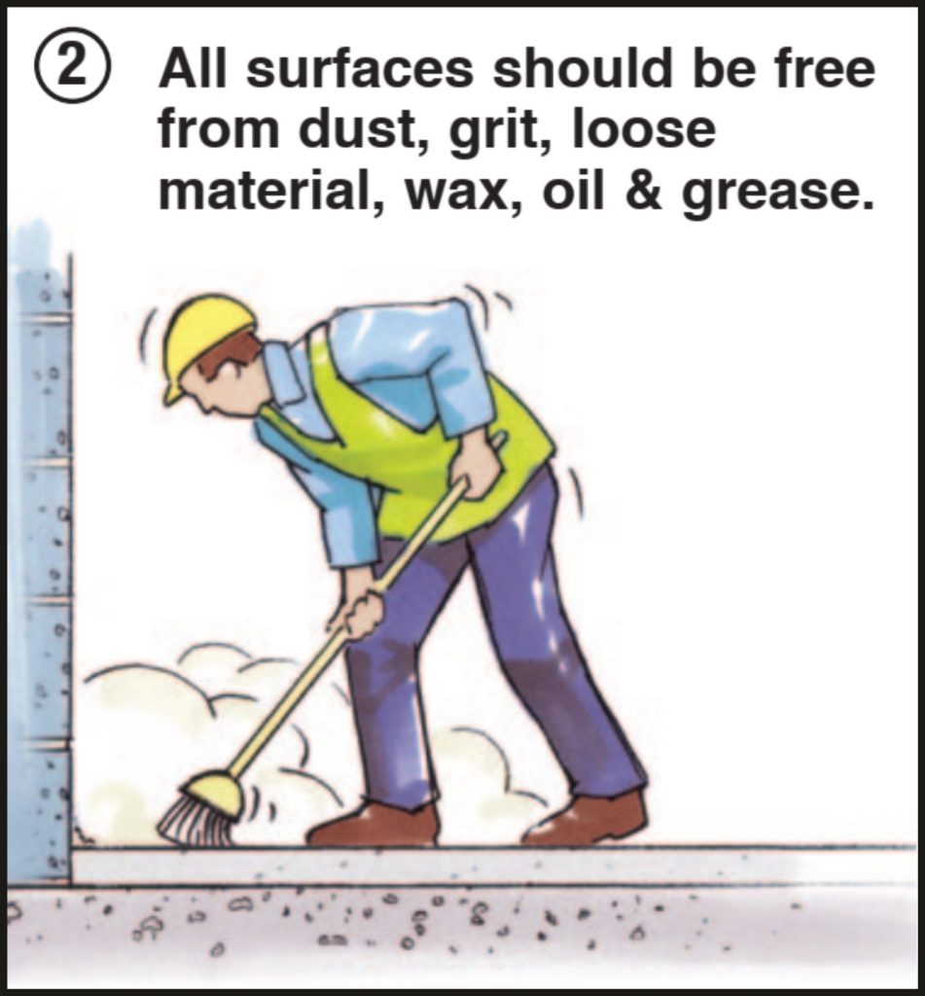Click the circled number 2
[x=72, y=65]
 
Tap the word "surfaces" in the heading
[x=360, y=69]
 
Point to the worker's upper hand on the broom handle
[x=478, y=467]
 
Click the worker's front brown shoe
[x=374, y=825]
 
